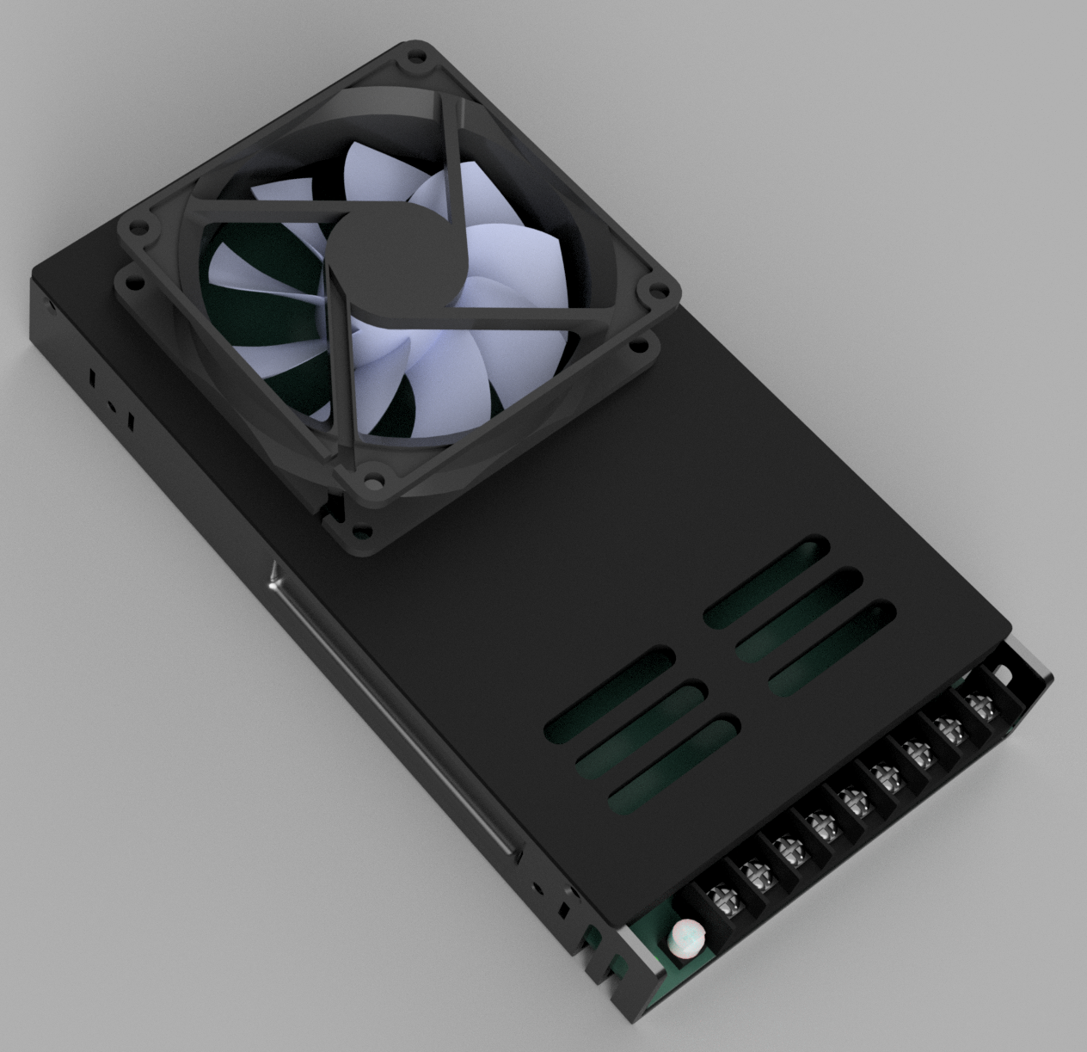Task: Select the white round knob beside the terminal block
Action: coord(685,935)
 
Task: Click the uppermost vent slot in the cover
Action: coord(766,581)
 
